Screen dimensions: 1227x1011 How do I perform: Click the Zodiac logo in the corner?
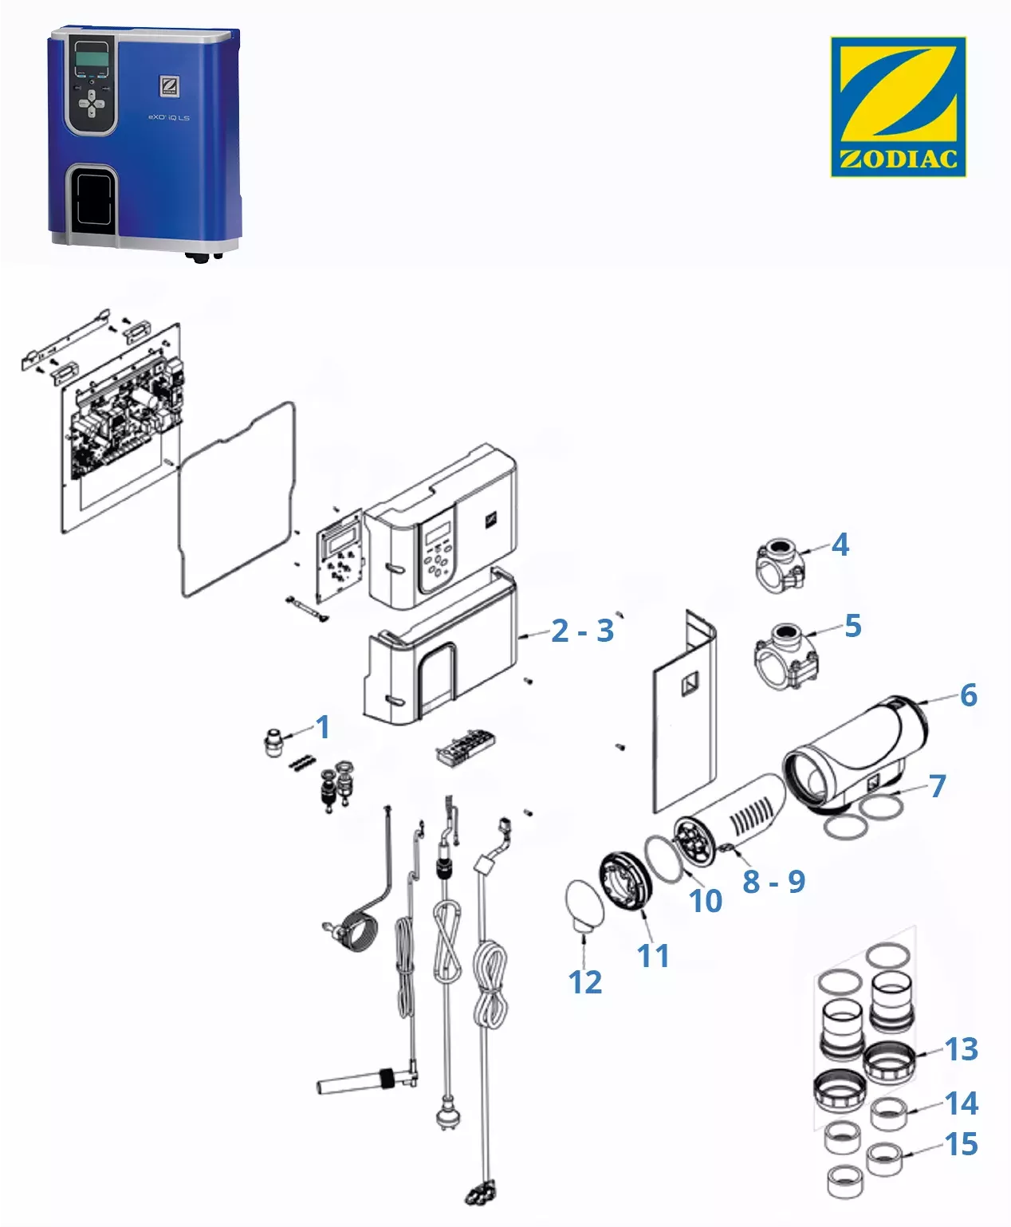(x=898, y=106)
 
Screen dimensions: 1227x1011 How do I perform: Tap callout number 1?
(x=322, y=727)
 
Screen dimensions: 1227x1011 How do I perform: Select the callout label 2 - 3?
(x=582, y=631)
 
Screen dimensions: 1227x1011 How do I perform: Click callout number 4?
(x=840, y=545)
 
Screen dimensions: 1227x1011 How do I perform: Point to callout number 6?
(x=969, y=695)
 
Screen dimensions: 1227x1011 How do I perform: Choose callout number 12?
(x=584, y=982)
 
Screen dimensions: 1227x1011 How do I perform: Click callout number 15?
(x=961, y=1145)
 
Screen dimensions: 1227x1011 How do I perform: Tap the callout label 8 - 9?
(x=773, y=881)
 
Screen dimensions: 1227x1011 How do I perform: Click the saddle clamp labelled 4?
(x=780, y=566)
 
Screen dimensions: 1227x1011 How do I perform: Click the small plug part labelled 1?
(x=274, y=743)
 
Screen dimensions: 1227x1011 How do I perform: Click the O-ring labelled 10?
(x=663, y=859)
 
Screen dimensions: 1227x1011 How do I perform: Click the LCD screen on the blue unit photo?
(x=91, y=57)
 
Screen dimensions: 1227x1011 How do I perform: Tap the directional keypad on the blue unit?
(x=92, y=102)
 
